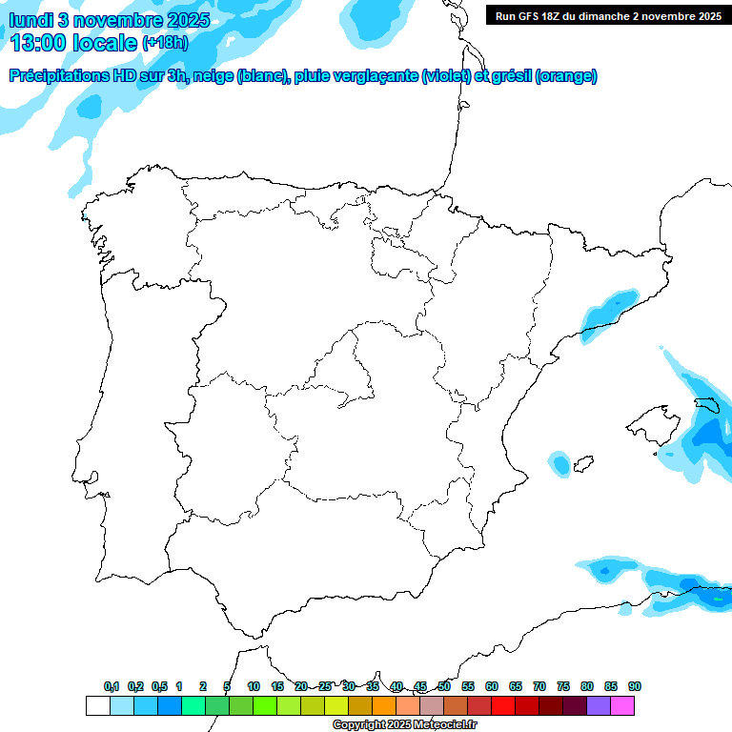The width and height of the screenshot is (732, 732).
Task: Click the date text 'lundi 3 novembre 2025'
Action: tap(111, 20)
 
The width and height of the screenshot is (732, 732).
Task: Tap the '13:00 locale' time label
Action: tap(73, 42)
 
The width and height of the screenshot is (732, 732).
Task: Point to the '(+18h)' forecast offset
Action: tap(165, 43)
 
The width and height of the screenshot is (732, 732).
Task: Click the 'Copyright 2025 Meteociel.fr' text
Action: tap(404, 725)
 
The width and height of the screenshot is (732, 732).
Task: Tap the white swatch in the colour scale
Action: tap(97, 706)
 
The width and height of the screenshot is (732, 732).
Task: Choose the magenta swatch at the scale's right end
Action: tap(622, 706)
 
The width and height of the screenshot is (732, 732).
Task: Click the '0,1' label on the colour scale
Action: tap(112, 687)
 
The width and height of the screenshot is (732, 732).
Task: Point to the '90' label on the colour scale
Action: tap(635, 687)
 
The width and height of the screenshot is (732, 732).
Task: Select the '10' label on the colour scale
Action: tap(254, 687)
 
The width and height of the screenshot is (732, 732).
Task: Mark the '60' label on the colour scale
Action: tap(492, 687)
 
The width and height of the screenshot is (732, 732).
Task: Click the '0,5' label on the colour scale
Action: tap(159, 687)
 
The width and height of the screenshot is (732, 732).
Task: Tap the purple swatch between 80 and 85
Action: tap(599, 706)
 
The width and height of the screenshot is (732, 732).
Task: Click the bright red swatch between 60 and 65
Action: tap(503, 706)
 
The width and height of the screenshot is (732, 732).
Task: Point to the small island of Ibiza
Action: tap(559, 464)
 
